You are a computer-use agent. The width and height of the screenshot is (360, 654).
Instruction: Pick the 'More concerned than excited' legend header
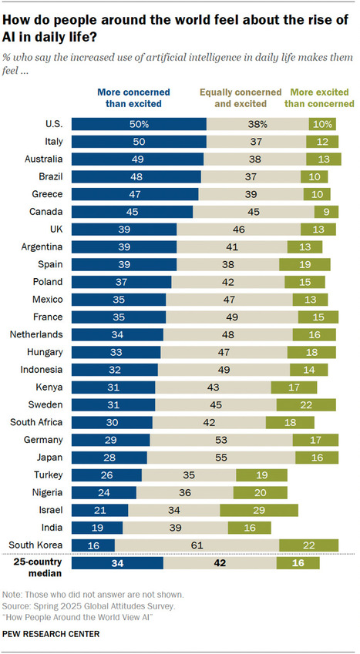(x=133, y=97)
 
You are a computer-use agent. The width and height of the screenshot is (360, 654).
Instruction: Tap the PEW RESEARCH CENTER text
(x=50, y=634)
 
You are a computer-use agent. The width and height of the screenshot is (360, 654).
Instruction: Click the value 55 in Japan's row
(x=220, y=458)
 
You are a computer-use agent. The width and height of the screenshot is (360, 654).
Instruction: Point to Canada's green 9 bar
(x=324, y=212)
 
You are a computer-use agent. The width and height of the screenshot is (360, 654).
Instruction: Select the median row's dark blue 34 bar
(x=116, y=563)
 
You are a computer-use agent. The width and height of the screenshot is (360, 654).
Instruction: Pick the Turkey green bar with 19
(x=261, y=475)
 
